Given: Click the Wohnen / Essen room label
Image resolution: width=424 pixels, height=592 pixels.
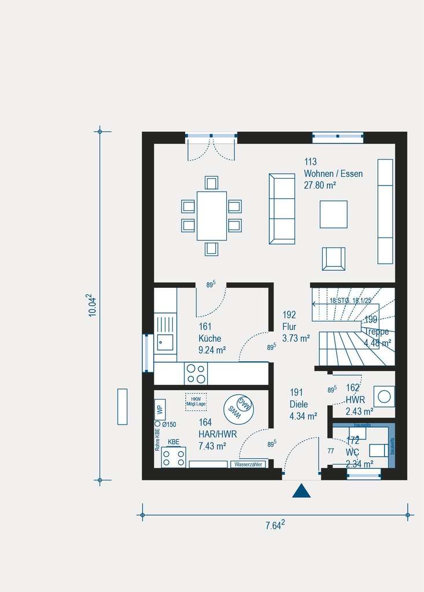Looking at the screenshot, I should (333, 173).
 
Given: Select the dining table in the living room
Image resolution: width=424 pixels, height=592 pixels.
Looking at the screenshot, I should (211, 216).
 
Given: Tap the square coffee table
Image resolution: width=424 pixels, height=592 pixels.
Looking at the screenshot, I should (334, 214).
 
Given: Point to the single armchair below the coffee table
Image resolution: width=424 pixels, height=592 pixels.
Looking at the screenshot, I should (333, 258).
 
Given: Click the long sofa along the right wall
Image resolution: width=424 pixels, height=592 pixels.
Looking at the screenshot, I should (385, 210).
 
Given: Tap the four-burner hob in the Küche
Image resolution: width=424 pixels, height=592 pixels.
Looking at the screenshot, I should (196, 373).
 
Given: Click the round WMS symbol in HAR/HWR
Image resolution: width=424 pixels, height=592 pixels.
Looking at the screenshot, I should (239, 409).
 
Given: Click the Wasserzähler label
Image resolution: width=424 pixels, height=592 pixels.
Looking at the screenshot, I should (248, 464).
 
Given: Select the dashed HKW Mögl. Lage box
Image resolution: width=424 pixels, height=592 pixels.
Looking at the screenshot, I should (196, 401).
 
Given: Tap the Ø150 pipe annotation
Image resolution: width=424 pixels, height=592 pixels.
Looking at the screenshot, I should (168, 424).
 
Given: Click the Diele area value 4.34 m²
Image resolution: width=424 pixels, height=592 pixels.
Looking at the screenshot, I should (303, 416).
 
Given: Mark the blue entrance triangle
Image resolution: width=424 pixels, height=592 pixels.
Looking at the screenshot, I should (301, 491).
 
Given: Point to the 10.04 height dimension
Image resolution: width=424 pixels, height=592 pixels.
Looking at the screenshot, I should (91, 305).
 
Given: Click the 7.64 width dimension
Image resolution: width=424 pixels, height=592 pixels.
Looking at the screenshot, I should (275, 526).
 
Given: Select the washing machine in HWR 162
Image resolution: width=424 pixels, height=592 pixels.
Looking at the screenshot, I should (384, 397).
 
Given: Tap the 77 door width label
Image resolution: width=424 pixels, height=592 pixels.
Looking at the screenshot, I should (330, 451).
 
